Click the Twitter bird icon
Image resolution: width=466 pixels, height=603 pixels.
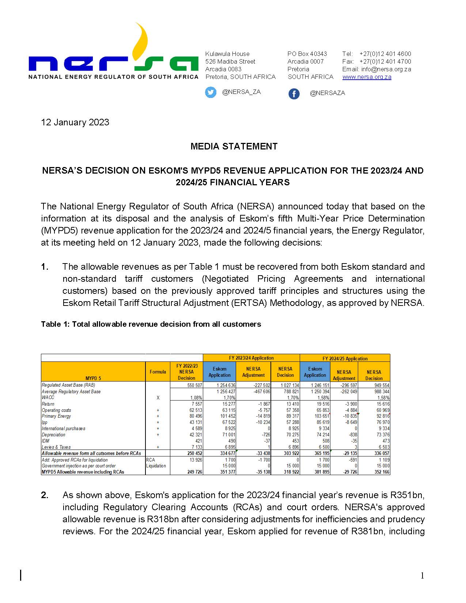[x=211, y=92]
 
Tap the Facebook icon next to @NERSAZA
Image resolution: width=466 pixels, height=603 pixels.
[x=294, y=94]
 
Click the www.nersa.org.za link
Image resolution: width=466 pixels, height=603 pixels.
[x=367, y=77]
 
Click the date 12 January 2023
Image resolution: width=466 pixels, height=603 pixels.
[x=75, y=122]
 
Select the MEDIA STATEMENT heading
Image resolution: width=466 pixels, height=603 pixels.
[x=234, y=146]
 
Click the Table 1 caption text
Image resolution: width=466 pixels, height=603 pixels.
[x=151, y=324]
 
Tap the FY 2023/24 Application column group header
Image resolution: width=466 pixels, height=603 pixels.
[x=251, y=358]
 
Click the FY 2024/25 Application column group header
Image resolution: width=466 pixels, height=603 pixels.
[x=345, y=358]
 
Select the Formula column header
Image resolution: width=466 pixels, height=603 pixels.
[x=158, y=372]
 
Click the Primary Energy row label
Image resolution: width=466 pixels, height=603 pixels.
[x=56, y=416]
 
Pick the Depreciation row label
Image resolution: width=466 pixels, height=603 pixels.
[x=53, y=435]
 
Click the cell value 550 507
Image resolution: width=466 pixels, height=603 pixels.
[x=194, y=385]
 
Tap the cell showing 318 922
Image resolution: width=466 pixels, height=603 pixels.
[x=291, y=472]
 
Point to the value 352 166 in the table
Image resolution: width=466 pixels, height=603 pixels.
[x=382, y=472]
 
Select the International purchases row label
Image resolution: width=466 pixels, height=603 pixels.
[x=63, y=428]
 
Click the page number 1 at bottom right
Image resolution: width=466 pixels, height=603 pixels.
[x=422, y=576]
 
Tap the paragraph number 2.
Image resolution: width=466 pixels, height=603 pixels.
[x=45, y=495]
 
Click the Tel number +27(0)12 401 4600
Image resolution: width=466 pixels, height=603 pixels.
[x=385, y=54]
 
